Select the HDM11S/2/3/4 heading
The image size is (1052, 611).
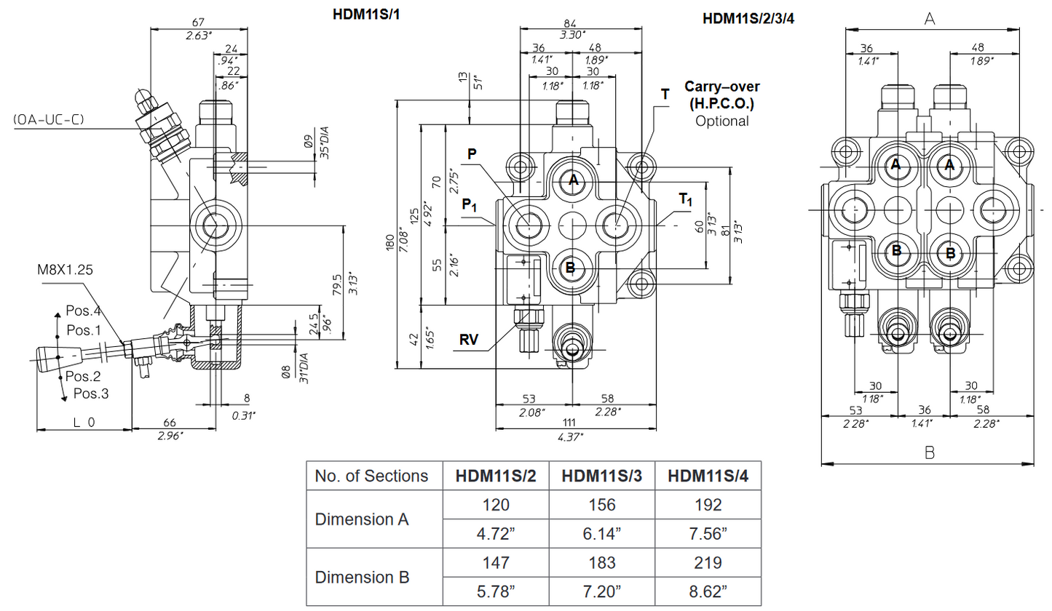tap(749, 18)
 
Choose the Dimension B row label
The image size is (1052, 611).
tap(362, 578)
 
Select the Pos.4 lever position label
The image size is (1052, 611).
tap(82, 311)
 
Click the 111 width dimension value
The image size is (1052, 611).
tap(569, 423)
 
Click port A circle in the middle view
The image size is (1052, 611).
tap(573, 180)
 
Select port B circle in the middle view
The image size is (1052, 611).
tap(571, 268)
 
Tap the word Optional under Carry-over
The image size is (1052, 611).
tap(721, 121)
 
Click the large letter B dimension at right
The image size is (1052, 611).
tap(929, 452)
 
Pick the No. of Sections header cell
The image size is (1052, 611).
tap(371, 476)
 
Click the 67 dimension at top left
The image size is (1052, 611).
tap(199, 22)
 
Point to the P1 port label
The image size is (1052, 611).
tap(470, 206)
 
